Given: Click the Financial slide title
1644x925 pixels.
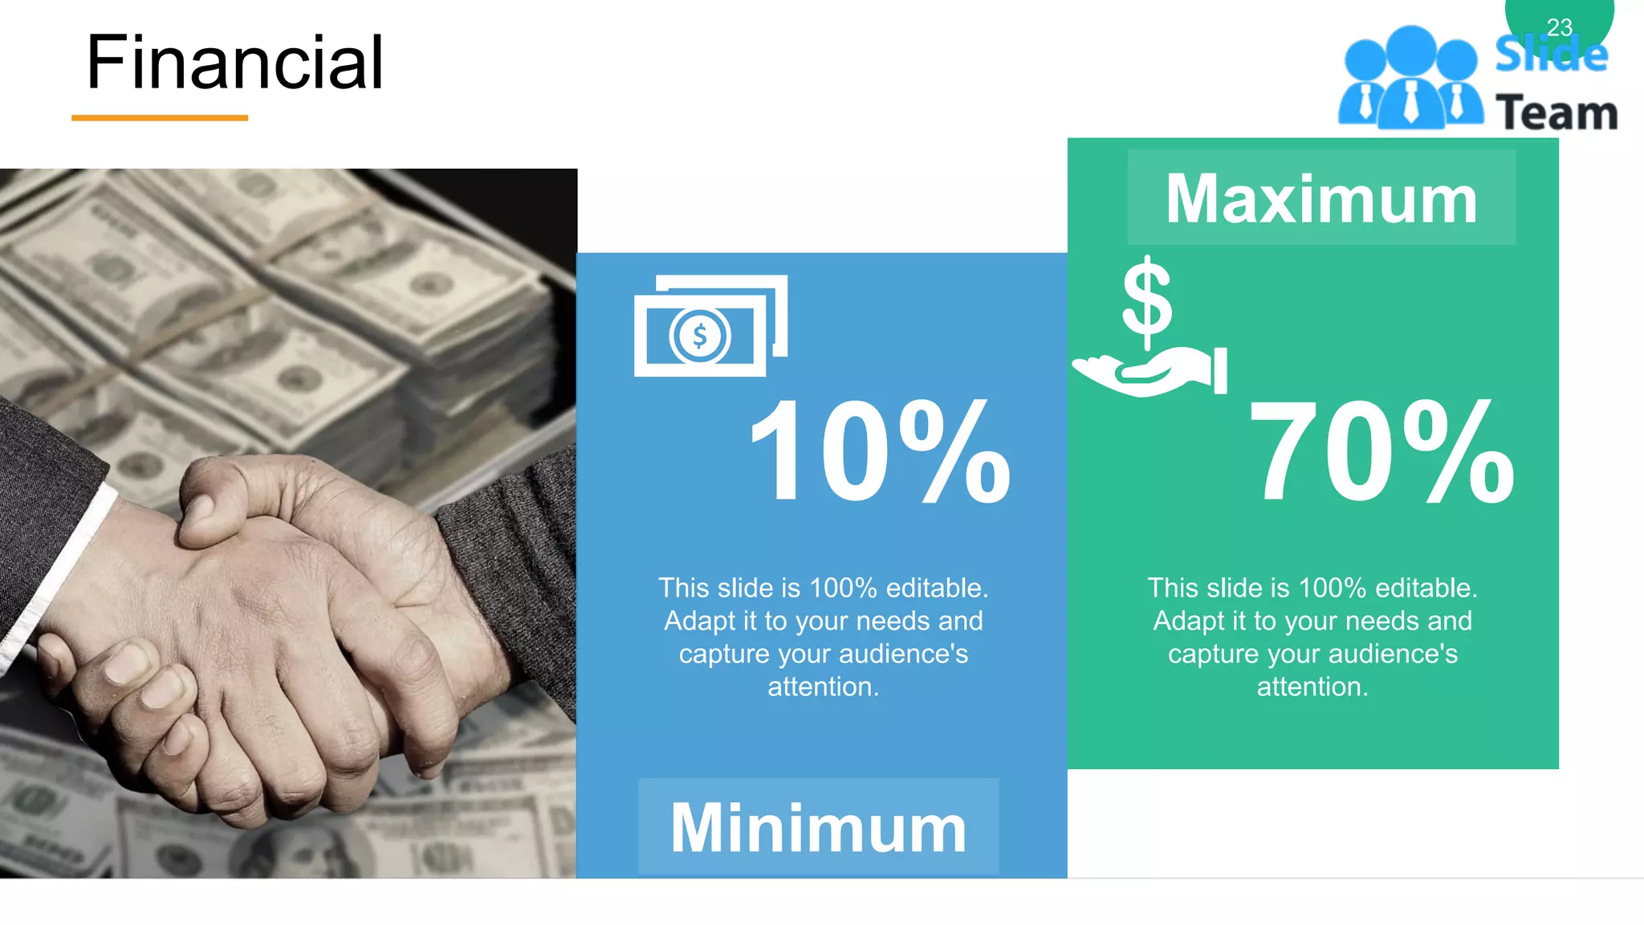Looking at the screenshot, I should [234, 63].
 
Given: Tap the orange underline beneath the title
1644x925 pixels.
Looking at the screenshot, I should [160, 118].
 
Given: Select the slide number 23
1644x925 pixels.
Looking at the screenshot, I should [1559, 27].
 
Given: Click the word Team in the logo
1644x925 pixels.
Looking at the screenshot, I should [1557, 113].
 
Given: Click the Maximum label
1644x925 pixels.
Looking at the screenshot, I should [1321, 198].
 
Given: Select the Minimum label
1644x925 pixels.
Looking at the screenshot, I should [819, 828].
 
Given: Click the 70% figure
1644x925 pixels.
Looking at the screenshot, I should [1382, 451].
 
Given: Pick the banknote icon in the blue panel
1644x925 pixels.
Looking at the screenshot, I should [710, 326].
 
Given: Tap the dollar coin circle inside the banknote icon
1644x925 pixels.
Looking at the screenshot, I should [700, 336].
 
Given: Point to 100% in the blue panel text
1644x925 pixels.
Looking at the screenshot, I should [843, 589].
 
